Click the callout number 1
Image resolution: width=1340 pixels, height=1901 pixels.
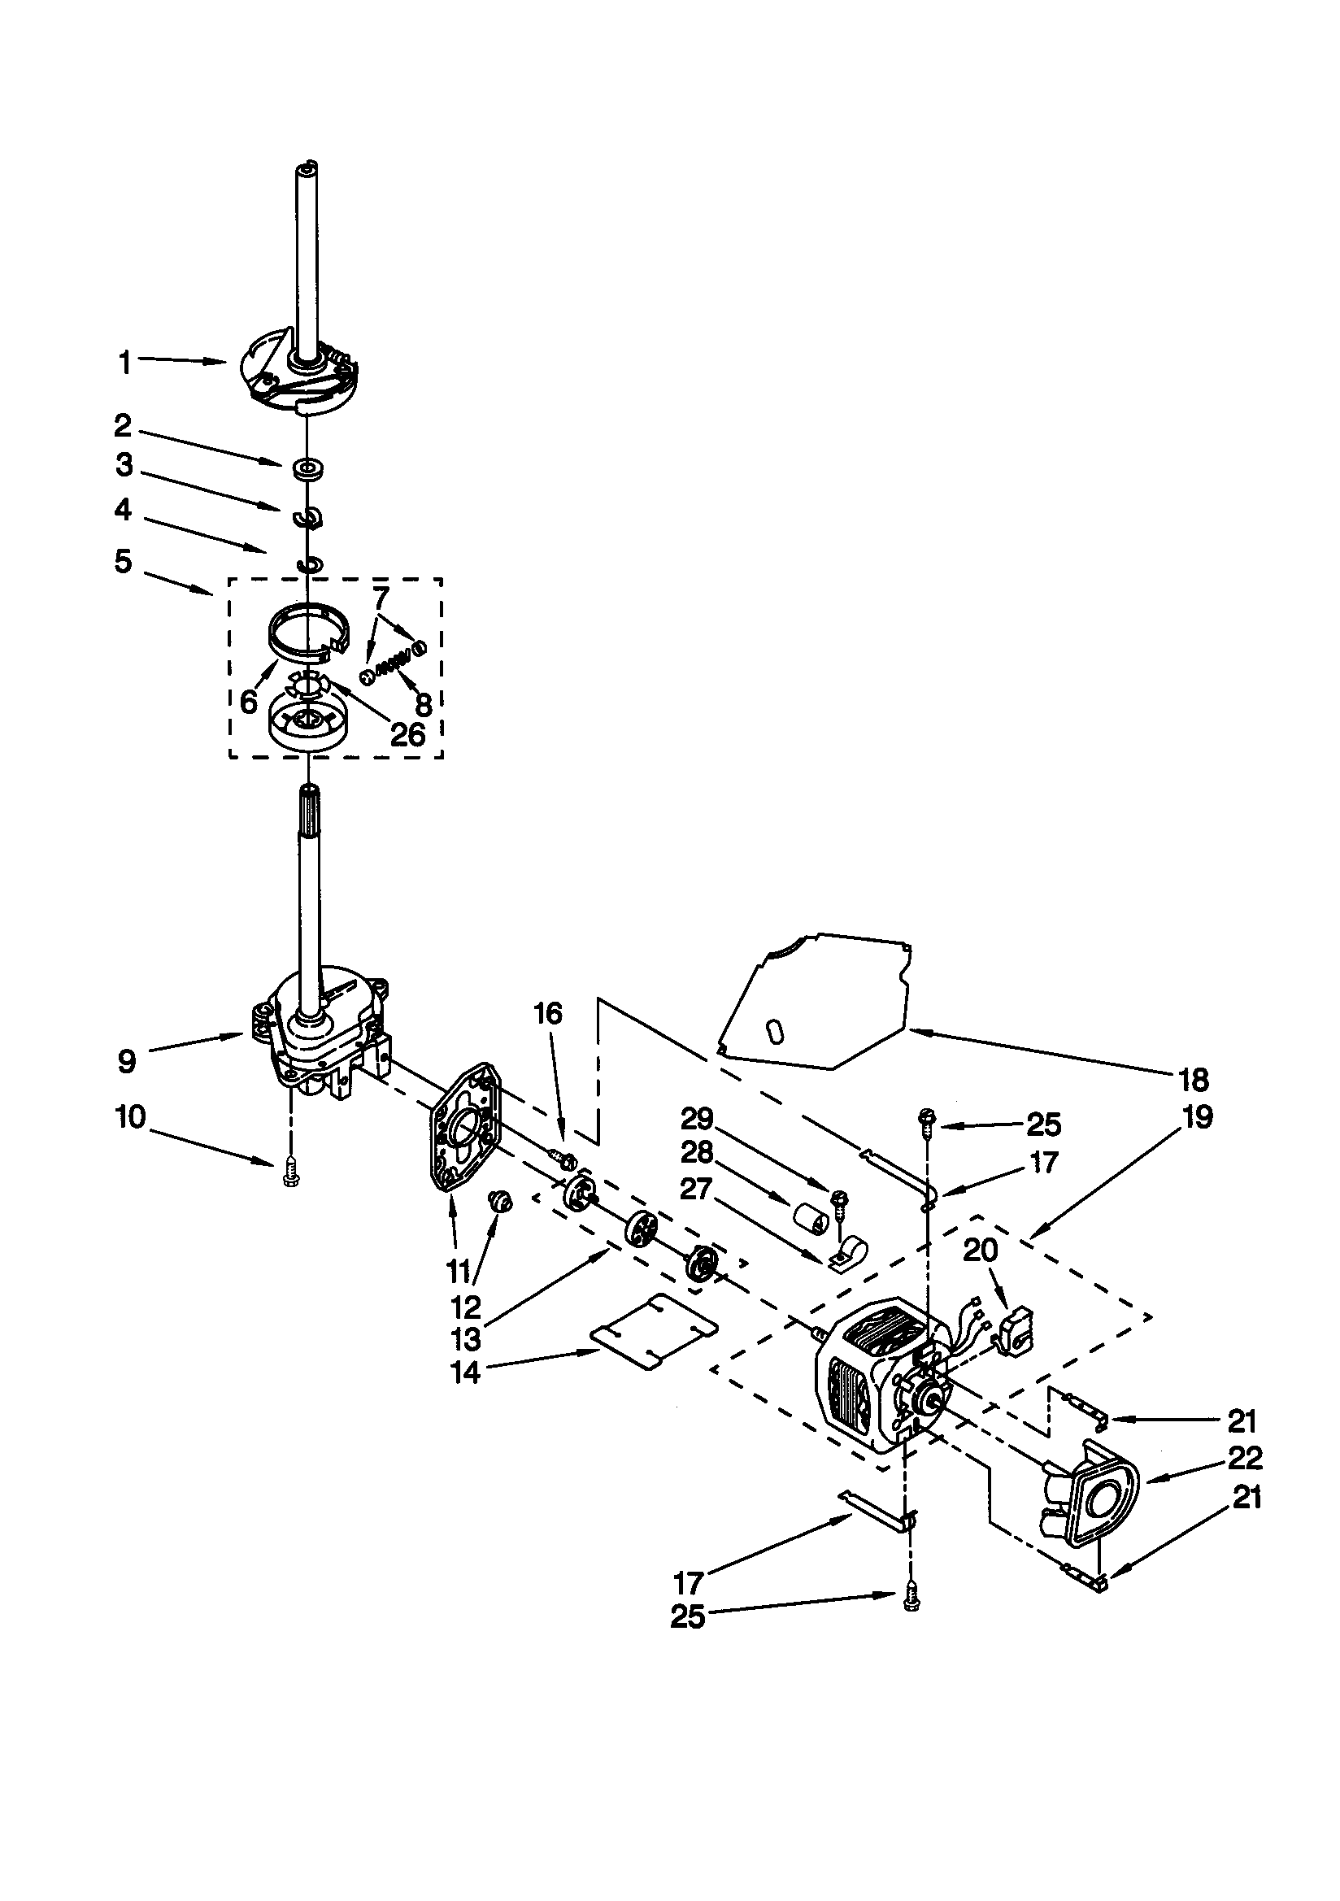(124, 362)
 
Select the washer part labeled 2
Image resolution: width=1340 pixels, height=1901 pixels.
(307, 468)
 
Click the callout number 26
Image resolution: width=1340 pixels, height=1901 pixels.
(407, 733)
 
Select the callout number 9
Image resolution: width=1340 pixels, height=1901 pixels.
(126, 1061)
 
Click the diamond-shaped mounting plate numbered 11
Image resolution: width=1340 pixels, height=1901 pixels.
(463, 1132)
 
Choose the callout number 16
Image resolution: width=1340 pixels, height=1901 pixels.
(548, 1013)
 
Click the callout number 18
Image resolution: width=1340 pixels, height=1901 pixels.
(1194, 1079)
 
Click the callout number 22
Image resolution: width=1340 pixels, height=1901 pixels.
(1245, 1457)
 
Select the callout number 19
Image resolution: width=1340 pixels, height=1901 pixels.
(1198, 1116)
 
